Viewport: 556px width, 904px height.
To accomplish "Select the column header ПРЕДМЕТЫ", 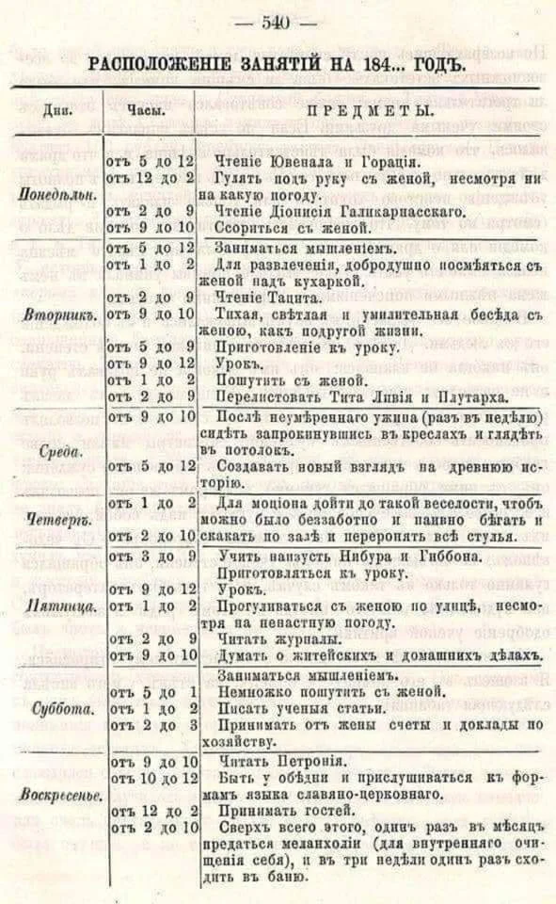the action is (368, 112).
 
